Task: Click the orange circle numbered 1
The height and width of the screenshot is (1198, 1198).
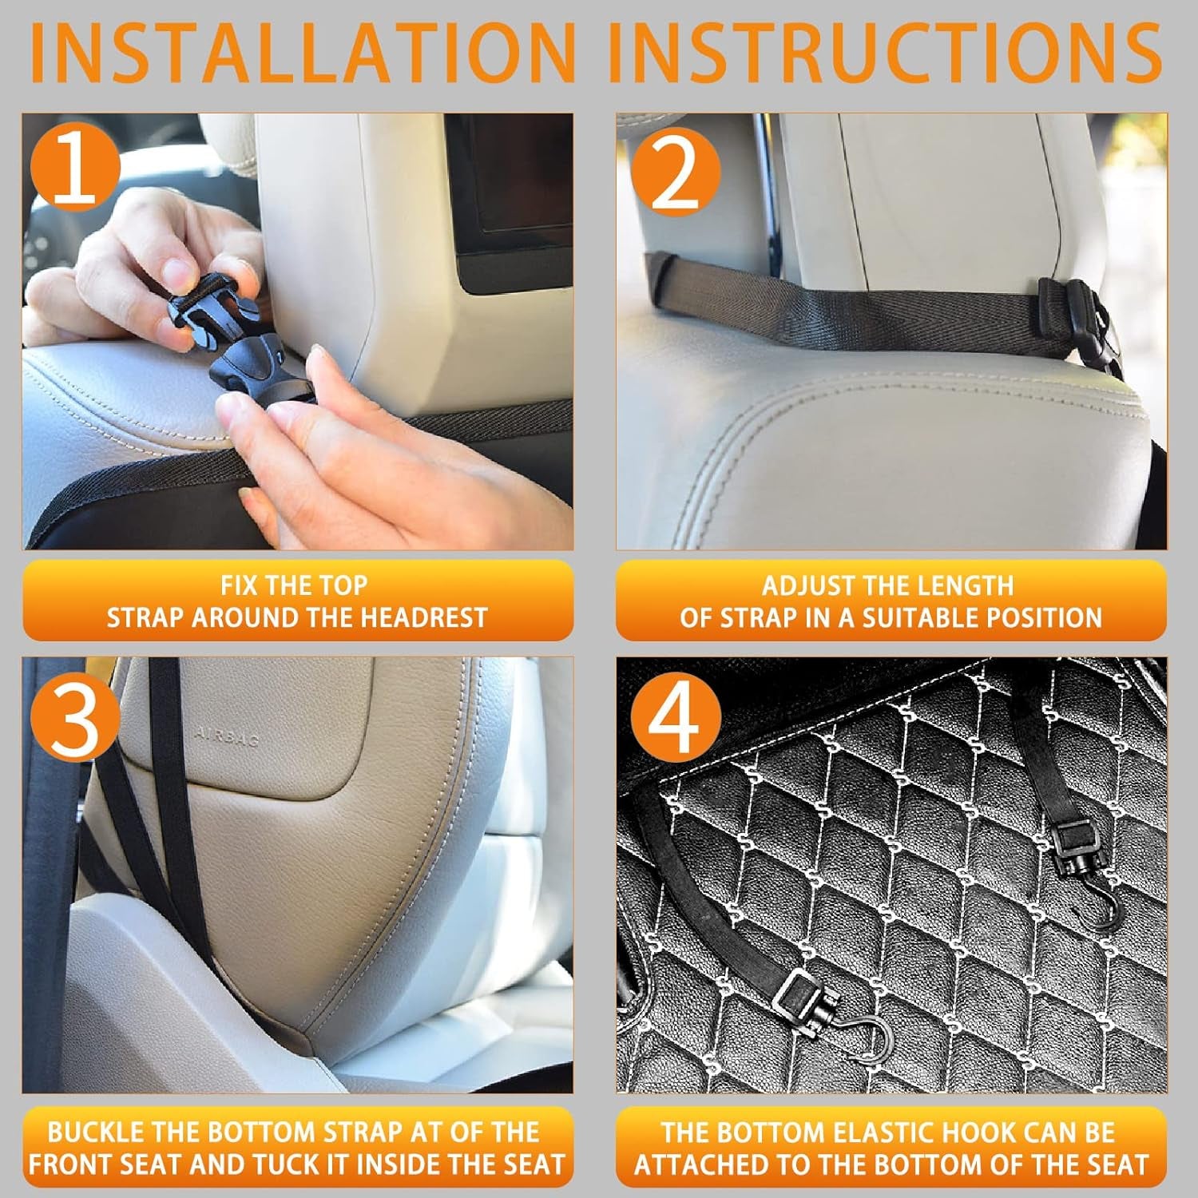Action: pos(75,169)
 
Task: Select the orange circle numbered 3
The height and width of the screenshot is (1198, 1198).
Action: pos(75,724)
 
